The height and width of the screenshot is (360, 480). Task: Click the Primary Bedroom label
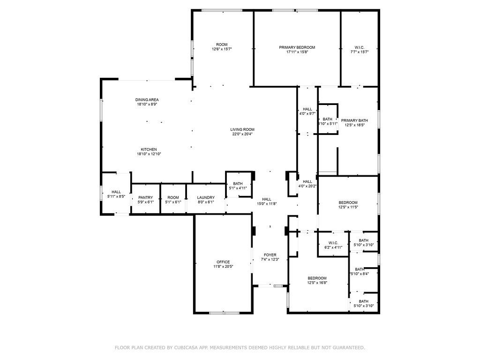[297, 47]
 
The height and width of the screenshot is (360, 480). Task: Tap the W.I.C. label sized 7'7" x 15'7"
[359, 47]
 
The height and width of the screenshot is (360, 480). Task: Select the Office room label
[223, 262]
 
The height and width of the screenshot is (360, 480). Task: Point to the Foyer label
[270, 255]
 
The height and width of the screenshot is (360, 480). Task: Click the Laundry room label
[206, 198]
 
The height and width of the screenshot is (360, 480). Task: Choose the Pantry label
[145, 198]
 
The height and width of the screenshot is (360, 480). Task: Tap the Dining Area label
[147, 100]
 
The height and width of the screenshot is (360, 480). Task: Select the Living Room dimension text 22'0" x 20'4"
[242, 135]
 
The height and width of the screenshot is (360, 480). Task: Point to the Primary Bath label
[354, 120]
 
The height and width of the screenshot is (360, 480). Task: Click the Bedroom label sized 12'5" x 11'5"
[348, 202]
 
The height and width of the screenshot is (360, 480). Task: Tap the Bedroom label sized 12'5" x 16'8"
[317, 278]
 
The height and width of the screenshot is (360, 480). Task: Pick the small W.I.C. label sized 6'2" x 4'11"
[333, 243]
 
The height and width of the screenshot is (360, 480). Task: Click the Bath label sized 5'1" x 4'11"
[238, 184]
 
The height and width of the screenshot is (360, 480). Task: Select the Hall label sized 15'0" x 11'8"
[267, 199]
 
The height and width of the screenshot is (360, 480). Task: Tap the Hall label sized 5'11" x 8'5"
[116, 192]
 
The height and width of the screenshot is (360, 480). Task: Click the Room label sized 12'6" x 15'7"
[222, 45]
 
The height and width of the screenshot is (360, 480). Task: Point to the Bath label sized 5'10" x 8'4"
[359, 269]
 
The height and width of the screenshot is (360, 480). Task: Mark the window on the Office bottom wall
[224, 313]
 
